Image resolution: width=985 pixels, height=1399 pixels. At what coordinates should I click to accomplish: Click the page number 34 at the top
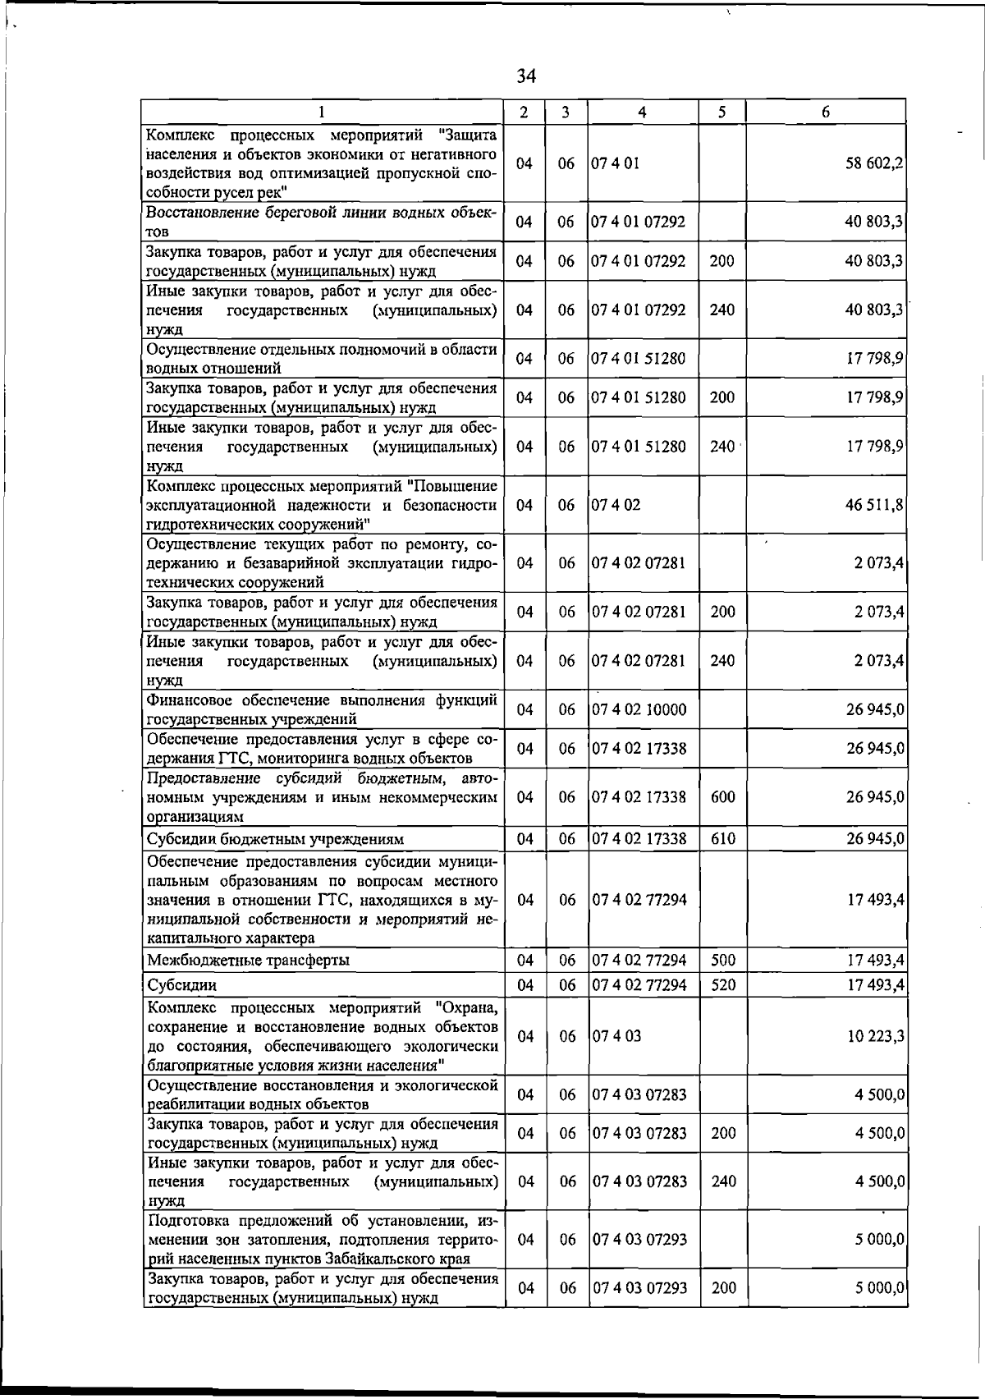(526, 76)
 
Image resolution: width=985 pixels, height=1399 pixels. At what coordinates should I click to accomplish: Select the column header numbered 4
(642, 112)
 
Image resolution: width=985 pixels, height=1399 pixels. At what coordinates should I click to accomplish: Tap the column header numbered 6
(826, 112)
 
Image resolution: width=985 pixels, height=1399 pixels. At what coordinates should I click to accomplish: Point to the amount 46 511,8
(875, 505)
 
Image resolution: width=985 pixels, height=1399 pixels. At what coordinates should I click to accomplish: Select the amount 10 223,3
(876, 1036)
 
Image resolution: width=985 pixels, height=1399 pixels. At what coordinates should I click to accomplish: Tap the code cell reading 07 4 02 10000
(639, 709)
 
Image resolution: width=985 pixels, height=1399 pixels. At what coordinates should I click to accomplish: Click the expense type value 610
(722, 839)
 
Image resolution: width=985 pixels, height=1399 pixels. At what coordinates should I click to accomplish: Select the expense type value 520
(722, 984)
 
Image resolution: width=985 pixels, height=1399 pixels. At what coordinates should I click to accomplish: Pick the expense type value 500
(722, 961)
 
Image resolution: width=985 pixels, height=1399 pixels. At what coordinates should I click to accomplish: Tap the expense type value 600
(722, 797)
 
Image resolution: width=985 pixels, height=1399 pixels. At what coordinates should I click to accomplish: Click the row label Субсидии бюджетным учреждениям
(275, 839)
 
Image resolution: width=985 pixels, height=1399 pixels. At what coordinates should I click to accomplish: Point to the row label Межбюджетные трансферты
(247, 961)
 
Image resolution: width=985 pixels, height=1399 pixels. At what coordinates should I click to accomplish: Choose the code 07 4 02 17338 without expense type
(639, 749)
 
